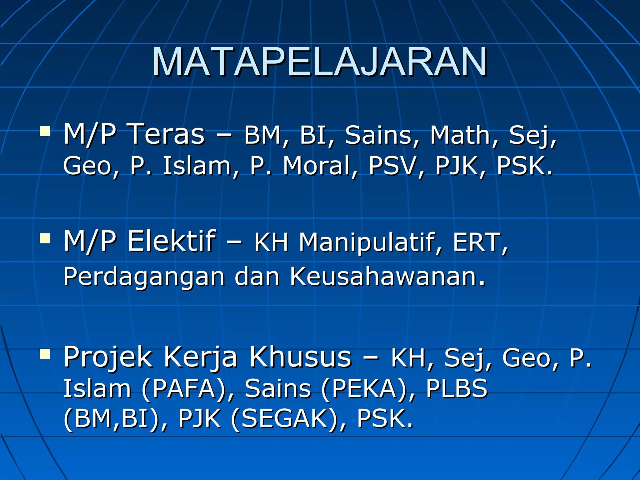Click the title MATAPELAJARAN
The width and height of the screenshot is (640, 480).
319,62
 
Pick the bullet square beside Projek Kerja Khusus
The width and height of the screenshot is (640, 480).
45,354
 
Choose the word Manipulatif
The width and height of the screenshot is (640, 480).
371,242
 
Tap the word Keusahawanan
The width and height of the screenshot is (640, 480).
387,276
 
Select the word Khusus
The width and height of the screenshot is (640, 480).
300,357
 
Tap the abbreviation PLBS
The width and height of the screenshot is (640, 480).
456,388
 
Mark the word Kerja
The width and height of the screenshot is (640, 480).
200,357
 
